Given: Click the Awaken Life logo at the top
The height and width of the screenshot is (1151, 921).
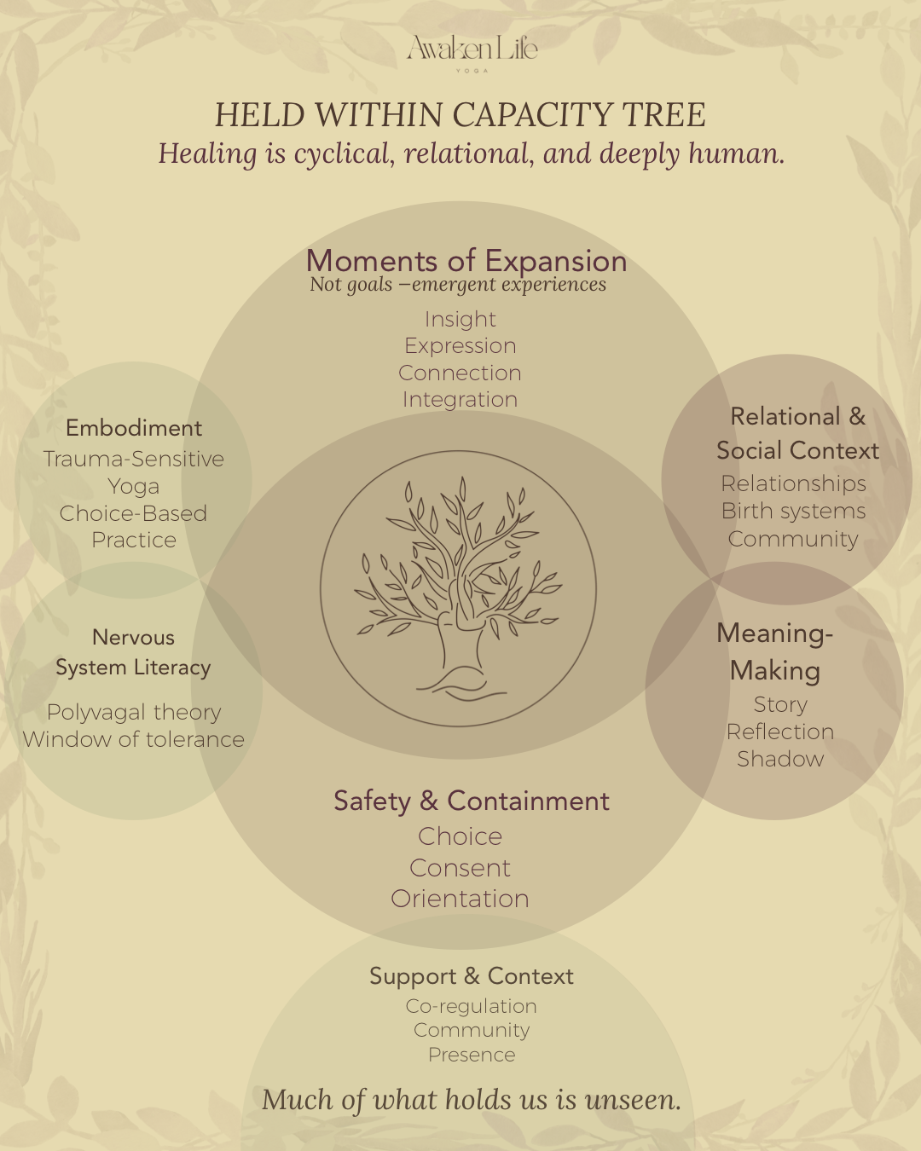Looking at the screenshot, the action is pos(472,51).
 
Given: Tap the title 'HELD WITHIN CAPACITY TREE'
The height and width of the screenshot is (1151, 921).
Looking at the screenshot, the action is pos(460,115).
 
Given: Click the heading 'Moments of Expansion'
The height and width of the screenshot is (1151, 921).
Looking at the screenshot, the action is pos(466,261).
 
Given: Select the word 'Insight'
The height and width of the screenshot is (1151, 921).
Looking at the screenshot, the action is pos(460,319).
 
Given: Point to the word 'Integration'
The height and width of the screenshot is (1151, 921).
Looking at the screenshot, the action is pos(460,400).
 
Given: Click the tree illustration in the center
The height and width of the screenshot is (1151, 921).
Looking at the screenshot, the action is pos(458,588).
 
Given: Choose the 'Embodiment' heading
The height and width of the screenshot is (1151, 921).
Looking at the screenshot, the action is pos(134,428).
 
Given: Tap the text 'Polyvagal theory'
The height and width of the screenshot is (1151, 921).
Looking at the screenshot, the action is pos(134,712).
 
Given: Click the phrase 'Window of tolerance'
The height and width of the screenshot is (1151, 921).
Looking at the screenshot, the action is pos(134,739).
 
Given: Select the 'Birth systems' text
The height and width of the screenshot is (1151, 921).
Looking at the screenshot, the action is pos(794,511).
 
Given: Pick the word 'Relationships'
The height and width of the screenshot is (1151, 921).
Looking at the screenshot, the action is pos(794,483).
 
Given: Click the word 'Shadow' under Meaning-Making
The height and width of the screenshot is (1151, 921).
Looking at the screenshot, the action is pos(780,759).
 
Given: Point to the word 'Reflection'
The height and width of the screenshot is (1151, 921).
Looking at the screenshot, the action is pos(780,732).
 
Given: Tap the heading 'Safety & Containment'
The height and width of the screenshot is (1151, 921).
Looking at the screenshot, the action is pos(472,801).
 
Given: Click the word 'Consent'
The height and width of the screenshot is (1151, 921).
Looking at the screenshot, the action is pos(460,868).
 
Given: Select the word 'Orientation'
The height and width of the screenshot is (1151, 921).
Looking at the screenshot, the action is pos(460,899).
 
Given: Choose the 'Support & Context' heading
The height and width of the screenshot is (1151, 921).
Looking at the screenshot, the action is pos(472,976).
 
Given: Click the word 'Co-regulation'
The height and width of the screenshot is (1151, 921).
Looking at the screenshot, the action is pos(472,1006).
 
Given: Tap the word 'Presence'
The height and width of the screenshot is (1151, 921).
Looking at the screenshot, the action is pos(472,1055).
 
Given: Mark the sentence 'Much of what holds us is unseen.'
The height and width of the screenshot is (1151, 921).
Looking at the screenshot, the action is pos(472,1100).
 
